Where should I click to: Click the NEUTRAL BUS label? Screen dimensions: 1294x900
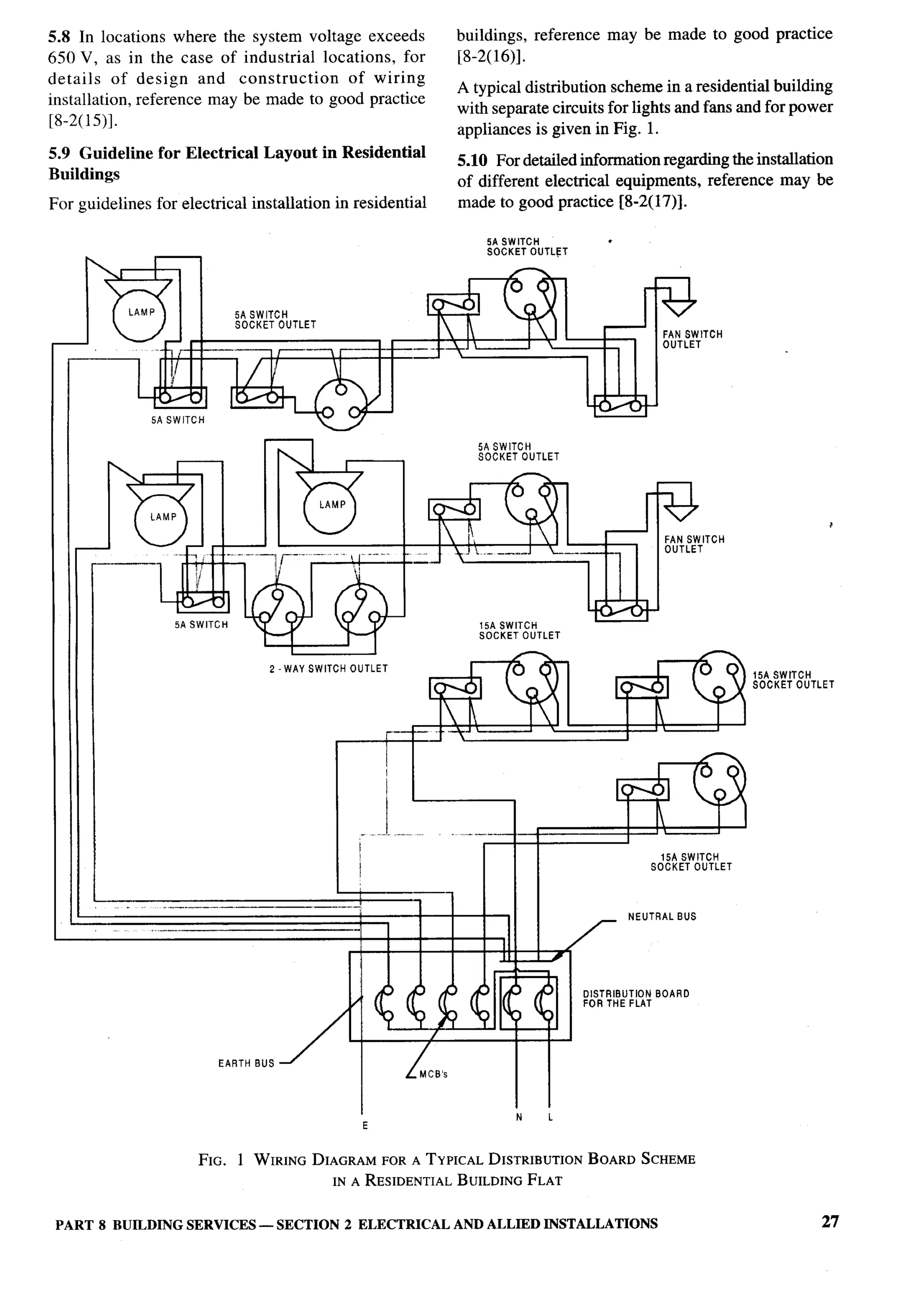[x=662, y=917]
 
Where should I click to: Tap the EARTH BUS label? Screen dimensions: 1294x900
[x=246, y=1063]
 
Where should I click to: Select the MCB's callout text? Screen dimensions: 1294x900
[x=433, y=1074]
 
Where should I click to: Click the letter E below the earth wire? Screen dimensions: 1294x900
[x=365, y=1125]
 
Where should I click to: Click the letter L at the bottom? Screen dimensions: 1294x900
[x=551, y=1117]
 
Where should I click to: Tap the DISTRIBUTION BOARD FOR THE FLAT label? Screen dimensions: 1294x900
[x=636, y=998]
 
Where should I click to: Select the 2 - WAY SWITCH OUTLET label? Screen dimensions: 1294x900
[x=329, y=668]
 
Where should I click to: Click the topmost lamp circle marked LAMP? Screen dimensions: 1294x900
[x=139, y=315]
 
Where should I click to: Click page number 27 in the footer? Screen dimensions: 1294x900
[x=830, y=1222]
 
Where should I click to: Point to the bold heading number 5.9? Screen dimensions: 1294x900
[x=60, y=153]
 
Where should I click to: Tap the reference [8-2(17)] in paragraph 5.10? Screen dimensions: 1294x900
[x=653, y=202]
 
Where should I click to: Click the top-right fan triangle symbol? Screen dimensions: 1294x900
[x=679, y=308]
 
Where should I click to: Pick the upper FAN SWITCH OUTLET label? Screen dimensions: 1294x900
[x=692, y=339]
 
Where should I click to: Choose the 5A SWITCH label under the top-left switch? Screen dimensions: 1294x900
[x=178, y=420]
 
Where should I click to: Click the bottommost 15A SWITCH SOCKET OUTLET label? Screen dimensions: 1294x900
[x=691, y=862]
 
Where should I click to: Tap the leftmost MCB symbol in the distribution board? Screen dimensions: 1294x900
[x=387, y=1004]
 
